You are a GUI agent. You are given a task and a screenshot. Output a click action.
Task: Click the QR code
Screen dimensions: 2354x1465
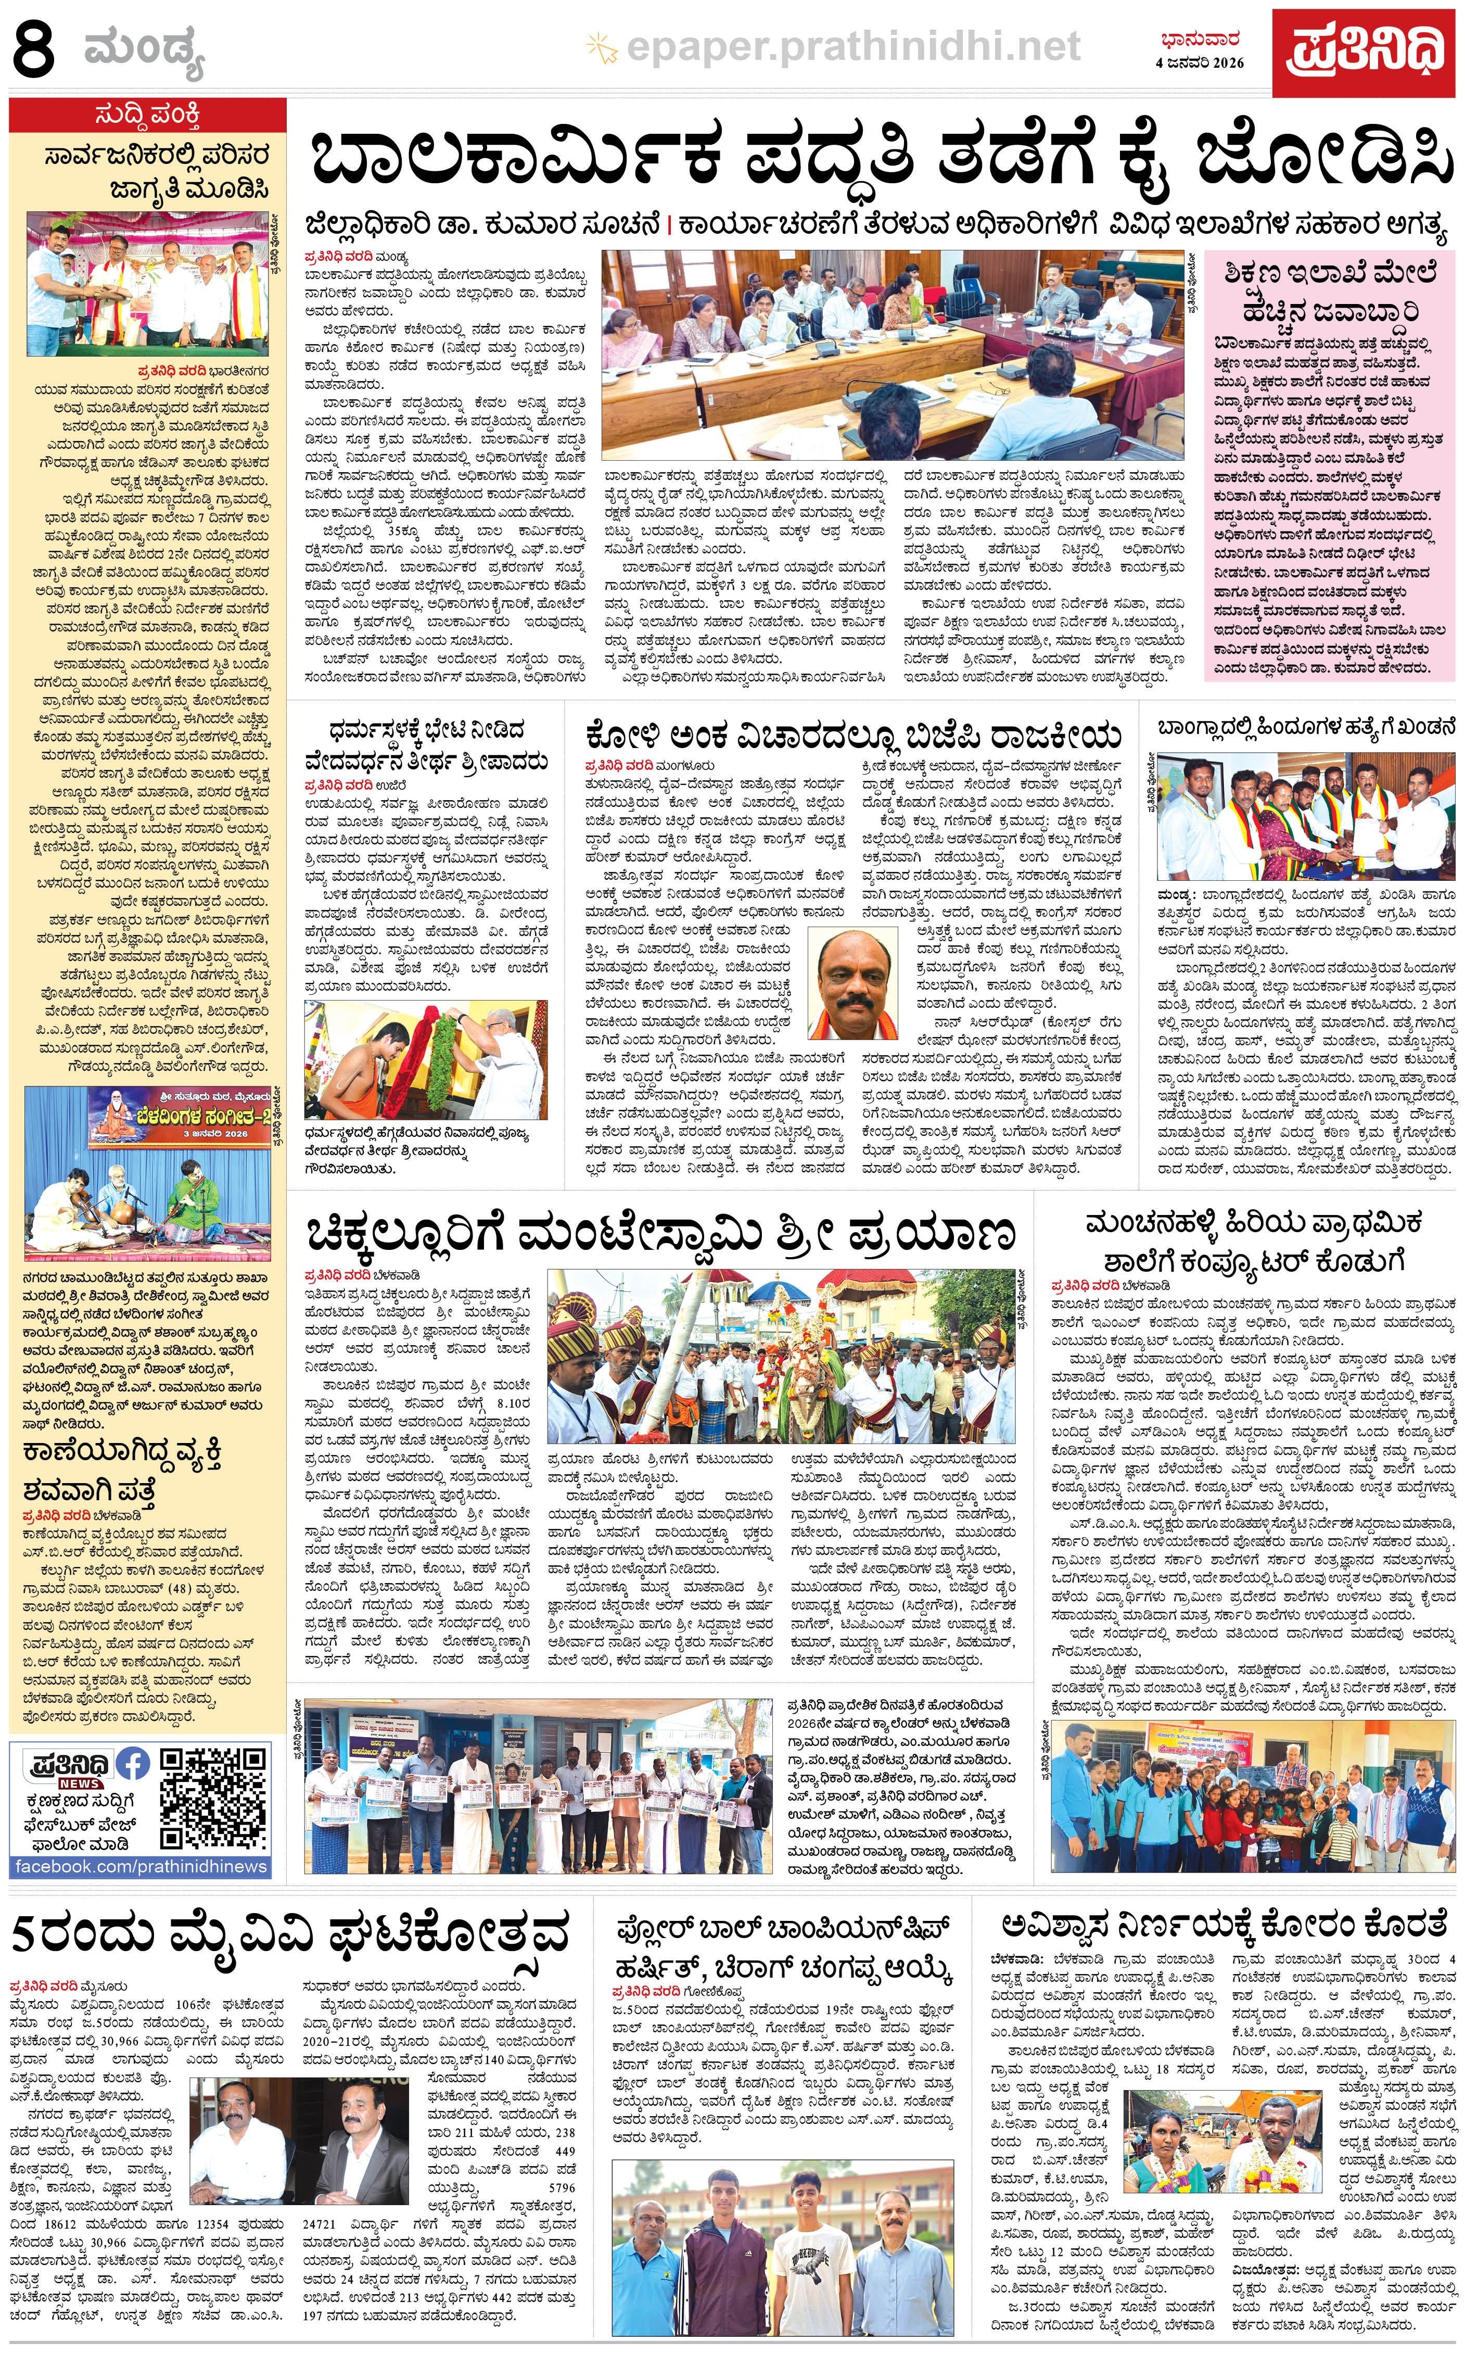(x=214, y=1798)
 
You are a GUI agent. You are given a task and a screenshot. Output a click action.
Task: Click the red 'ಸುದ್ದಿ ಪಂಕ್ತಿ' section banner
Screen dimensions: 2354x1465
(x=148, y=116)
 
